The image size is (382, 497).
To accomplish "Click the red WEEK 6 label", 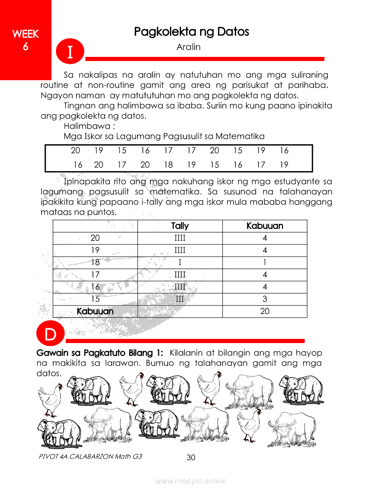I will point(25,40).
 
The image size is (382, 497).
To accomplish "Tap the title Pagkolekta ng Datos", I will point(191,31).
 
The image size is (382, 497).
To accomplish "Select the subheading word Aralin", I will point(188,47).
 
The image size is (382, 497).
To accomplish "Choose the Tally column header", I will point(180,226).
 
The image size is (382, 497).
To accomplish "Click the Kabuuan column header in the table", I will point(264,226).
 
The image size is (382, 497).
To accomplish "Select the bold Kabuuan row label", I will point(95,311).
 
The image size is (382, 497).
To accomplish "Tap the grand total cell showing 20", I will point(264,311).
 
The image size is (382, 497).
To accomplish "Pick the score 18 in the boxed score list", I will point(168,165).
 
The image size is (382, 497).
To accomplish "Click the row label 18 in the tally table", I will point(95,263).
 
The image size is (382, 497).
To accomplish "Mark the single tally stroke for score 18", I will point(180,263).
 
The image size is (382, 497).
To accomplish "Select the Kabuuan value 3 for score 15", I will point(264,299).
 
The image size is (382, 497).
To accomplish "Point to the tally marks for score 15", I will point(180,299).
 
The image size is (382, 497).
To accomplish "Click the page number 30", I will point(191,458).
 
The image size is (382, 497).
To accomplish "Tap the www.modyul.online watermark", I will point(191,481).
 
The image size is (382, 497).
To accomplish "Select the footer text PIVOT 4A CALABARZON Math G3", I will point(91,456).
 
